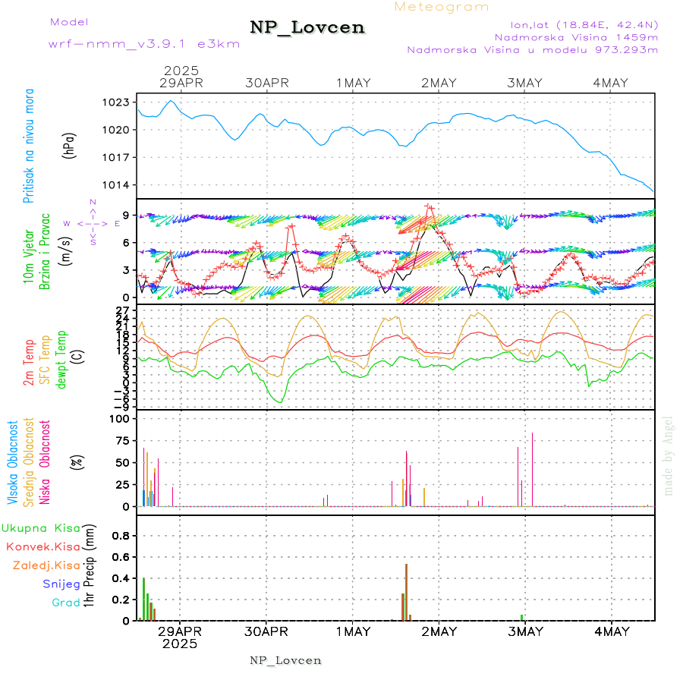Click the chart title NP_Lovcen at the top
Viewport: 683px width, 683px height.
(307, 28)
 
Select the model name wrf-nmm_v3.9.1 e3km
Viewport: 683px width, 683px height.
(144, 44)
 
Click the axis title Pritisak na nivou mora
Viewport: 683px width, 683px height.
(29, 145)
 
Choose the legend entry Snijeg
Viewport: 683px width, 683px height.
(61, 584)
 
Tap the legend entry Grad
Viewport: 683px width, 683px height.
(66, 603)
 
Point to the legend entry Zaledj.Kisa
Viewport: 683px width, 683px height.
(46, 565)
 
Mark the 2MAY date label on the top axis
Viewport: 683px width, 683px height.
(439, 83)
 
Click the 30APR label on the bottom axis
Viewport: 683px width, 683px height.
(266, 631)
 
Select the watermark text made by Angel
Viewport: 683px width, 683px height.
(669, 455)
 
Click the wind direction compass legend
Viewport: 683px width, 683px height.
(93, 223)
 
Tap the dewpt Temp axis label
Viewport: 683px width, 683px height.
(61, 357)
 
